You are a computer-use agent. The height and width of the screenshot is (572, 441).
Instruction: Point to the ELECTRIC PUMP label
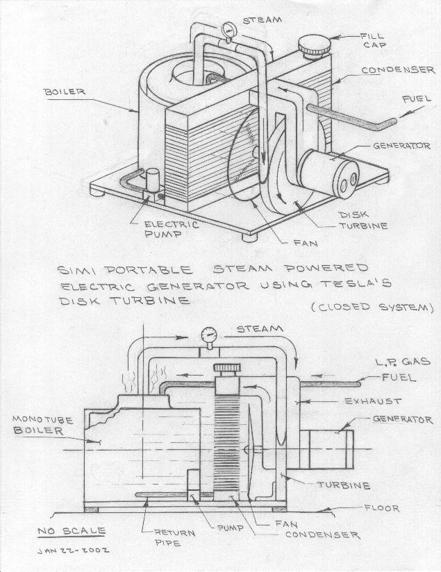pos(171,230)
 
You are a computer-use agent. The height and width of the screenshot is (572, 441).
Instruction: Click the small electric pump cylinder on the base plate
pos(151,179)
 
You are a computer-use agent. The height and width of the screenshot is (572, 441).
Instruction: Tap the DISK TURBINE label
pos(362,221)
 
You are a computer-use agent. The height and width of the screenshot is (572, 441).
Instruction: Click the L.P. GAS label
pos(404,362)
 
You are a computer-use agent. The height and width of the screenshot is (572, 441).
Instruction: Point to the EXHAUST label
pos(372,401)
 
